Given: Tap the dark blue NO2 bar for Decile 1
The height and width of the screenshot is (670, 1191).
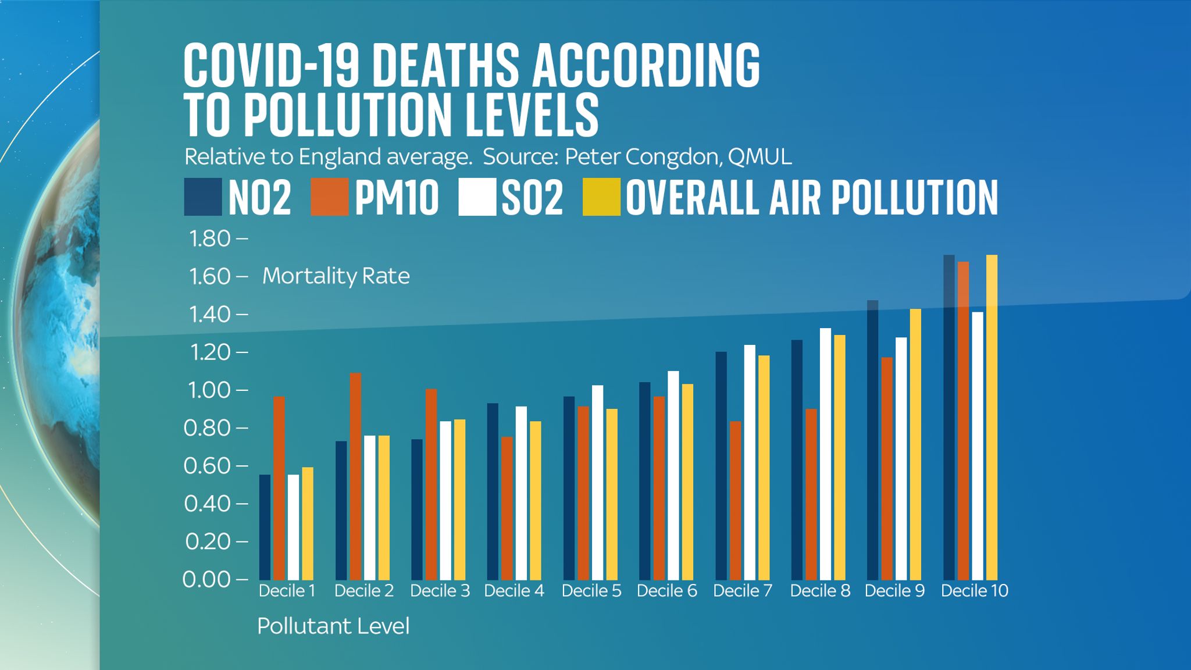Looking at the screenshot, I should tap(265, 527).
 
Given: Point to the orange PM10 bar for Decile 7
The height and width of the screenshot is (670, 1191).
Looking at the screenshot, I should tap(735, 500).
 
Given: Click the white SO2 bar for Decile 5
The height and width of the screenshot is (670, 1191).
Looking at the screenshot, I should tap(597, 482).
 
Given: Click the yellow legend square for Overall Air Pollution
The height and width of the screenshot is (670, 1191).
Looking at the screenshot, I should tap(601, 197).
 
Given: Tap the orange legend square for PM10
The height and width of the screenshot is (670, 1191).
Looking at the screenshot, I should tap(329, 197).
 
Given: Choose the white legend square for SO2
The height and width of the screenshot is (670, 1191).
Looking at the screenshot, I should tap(477, 197).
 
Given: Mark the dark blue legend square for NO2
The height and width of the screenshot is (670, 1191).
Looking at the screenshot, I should tap(202, 197).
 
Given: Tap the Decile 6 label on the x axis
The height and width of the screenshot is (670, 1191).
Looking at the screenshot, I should tap(666, 591).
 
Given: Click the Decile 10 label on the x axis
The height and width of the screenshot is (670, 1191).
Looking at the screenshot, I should tap(974, 591).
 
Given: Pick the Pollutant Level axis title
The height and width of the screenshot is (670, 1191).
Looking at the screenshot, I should tap(333, 626).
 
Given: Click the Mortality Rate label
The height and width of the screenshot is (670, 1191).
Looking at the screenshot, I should tap(336, 276).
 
